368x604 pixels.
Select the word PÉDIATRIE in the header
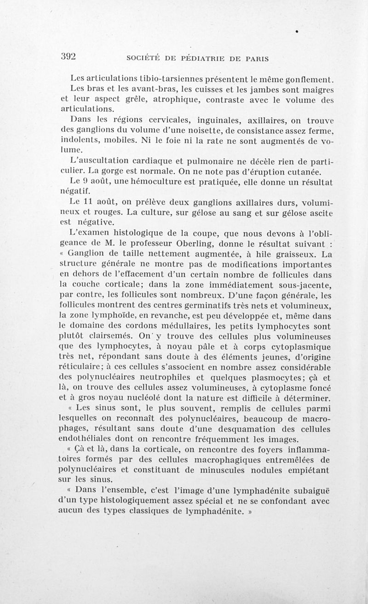click(204, 58)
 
